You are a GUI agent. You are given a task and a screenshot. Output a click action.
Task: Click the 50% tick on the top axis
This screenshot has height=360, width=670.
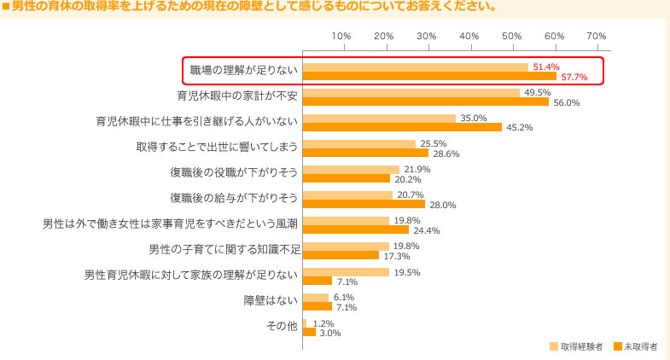(x=511, y=36)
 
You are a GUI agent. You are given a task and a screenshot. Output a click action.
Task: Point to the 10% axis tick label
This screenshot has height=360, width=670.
(x=341, y=36)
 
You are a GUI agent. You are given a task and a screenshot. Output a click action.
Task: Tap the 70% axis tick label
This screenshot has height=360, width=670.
(x=596, y=36)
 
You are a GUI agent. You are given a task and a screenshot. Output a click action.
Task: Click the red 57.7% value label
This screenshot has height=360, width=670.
(x=574, y=78)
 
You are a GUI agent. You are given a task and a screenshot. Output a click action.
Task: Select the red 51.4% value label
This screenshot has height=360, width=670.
(x=545, y=67)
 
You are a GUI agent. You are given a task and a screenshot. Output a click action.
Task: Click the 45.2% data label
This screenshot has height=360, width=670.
(x=520, y=128)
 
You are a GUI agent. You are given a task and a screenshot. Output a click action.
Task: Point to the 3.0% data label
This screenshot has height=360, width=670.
(x=329, y=333)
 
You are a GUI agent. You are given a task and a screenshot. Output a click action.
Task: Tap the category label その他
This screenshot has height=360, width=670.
(x=283, y=325)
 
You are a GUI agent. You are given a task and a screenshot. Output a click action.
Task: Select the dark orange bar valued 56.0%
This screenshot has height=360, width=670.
(x=426, y=102)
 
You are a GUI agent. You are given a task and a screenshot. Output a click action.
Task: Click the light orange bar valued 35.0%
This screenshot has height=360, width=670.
(x=379, y=118)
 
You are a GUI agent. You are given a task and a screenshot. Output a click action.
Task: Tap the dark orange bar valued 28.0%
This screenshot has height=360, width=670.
(x=364, y=204)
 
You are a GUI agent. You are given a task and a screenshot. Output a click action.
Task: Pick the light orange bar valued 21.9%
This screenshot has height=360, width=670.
(x=351, y=169)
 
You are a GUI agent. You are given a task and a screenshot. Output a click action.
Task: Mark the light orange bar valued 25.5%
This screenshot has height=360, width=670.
(x=358, y=143)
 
